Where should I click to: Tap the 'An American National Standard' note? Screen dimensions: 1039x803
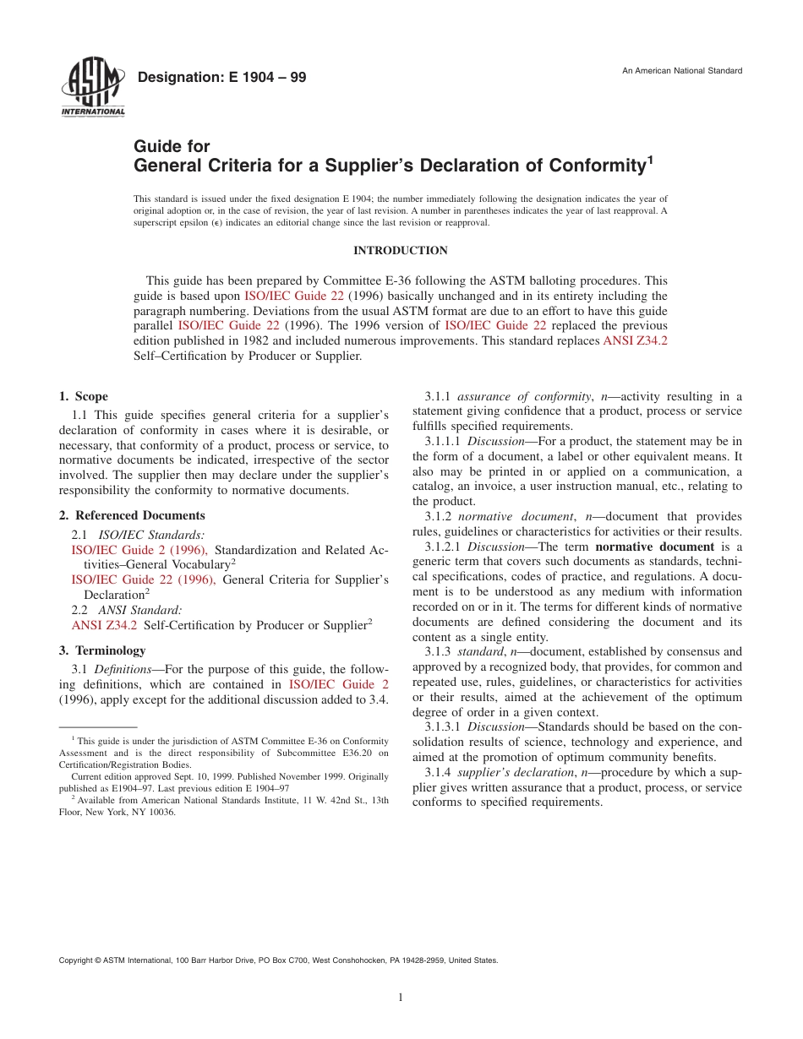682,71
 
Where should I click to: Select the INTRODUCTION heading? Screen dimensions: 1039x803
401,251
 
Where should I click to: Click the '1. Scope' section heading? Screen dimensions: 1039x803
84,396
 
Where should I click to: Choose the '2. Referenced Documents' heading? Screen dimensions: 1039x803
132,515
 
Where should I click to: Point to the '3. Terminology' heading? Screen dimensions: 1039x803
102,650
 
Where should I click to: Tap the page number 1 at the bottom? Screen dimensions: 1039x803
401,998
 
